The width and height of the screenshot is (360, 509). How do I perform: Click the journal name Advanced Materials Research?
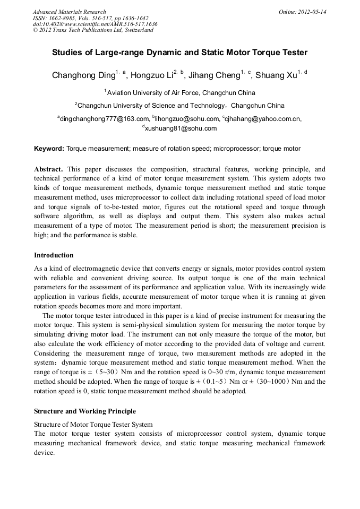69,12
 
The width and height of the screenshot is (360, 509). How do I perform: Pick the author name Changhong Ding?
83,75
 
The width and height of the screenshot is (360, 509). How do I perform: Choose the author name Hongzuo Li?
152,75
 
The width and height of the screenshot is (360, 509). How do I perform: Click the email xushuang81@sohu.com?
181,128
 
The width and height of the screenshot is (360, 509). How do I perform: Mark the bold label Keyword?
49,149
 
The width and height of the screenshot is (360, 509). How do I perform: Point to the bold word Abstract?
48,168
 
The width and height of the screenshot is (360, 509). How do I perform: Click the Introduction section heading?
54,255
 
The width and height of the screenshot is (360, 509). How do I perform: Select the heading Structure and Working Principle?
85,411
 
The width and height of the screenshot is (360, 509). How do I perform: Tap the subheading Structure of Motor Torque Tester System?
93,424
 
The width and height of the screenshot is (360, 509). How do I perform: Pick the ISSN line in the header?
90,18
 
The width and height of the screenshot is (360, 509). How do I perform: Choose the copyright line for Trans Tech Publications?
93,30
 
